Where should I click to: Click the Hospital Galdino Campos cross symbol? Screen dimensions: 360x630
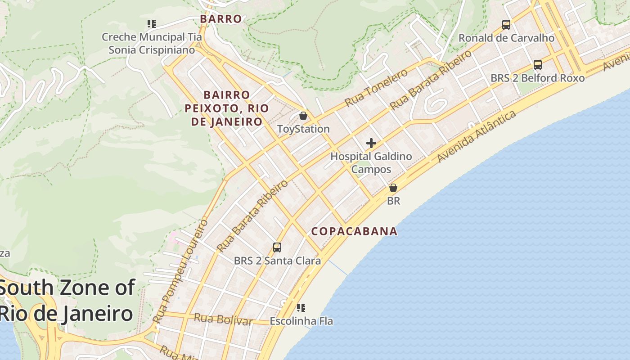click(x=371, y=143)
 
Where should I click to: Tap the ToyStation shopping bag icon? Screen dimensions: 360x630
click(x=303, y=116)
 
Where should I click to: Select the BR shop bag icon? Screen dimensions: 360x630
click(x=393, y=187)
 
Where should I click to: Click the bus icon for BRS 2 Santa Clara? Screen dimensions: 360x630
click(x=277, y=247)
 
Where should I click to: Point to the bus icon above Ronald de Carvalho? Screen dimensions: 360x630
click(x=506, y=25)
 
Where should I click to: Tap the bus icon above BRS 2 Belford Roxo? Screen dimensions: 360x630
click(x=538, y=64)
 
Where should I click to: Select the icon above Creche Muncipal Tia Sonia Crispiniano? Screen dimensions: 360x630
click(x=152, y=23)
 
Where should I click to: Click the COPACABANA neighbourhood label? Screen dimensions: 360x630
click(x=355, y=231)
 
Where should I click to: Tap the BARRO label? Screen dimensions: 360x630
click(x=221, y=19)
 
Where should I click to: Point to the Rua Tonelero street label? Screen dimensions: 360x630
click(x=376, y=88)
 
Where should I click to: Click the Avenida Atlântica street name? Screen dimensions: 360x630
click(x=477, y=137)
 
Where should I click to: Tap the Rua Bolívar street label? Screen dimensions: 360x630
click(x=223, y=319)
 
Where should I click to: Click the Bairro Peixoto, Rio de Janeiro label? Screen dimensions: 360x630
click(x=227, y=108)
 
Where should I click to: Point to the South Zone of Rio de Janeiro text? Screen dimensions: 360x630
click(x=67, y=300)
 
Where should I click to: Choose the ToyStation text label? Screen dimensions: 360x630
click(x=303, y=129)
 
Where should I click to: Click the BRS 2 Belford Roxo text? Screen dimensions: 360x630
click(x=537, y=78)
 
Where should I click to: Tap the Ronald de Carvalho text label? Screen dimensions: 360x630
click(x=506, y=38)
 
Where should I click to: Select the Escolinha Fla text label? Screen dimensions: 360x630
click(x=301, y=321)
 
